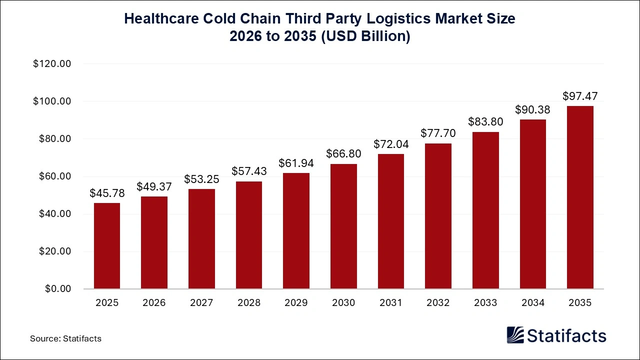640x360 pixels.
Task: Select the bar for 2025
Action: pyautogui.click(x=107, y=246)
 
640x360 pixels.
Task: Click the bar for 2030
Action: pyautogui.click(x=343, y=226)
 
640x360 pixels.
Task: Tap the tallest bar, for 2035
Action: pyautogui.click(x=580, y=197)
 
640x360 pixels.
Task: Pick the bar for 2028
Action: pyautogui.click(x=249, y=235)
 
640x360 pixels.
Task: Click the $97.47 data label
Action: pyautogui.click(x=580, y=96)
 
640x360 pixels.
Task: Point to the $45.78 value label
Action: pyautogui.click(x=107, y=193)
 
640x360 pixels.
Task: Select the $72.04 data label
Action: pyautogui.click(x=391, y=144)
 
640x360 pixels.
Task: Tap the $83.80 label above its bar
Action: pyautogui.click(x=485, y=121)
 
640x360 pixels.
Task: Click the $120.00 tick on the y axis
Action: pyautogui.click(x=52, y=64)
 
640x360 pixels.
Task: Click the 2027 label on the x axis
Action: pyautogui.click(x=201, y=303)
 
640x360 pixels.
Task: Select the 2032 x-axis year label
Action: pyautogui.click(x=438, y=303)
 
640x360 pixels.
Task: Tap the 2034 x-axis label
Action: pyautogui.click(x=533, y=303)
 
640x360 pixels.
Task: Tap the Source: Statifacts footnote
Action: pyautogui.click(x=65, y=338)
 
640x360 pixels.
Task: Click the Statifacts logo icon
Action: pyautogui.click(x=515, y=335)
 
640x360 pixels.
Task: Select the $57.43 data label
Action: pyautogui.click(x=249, y=171)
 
